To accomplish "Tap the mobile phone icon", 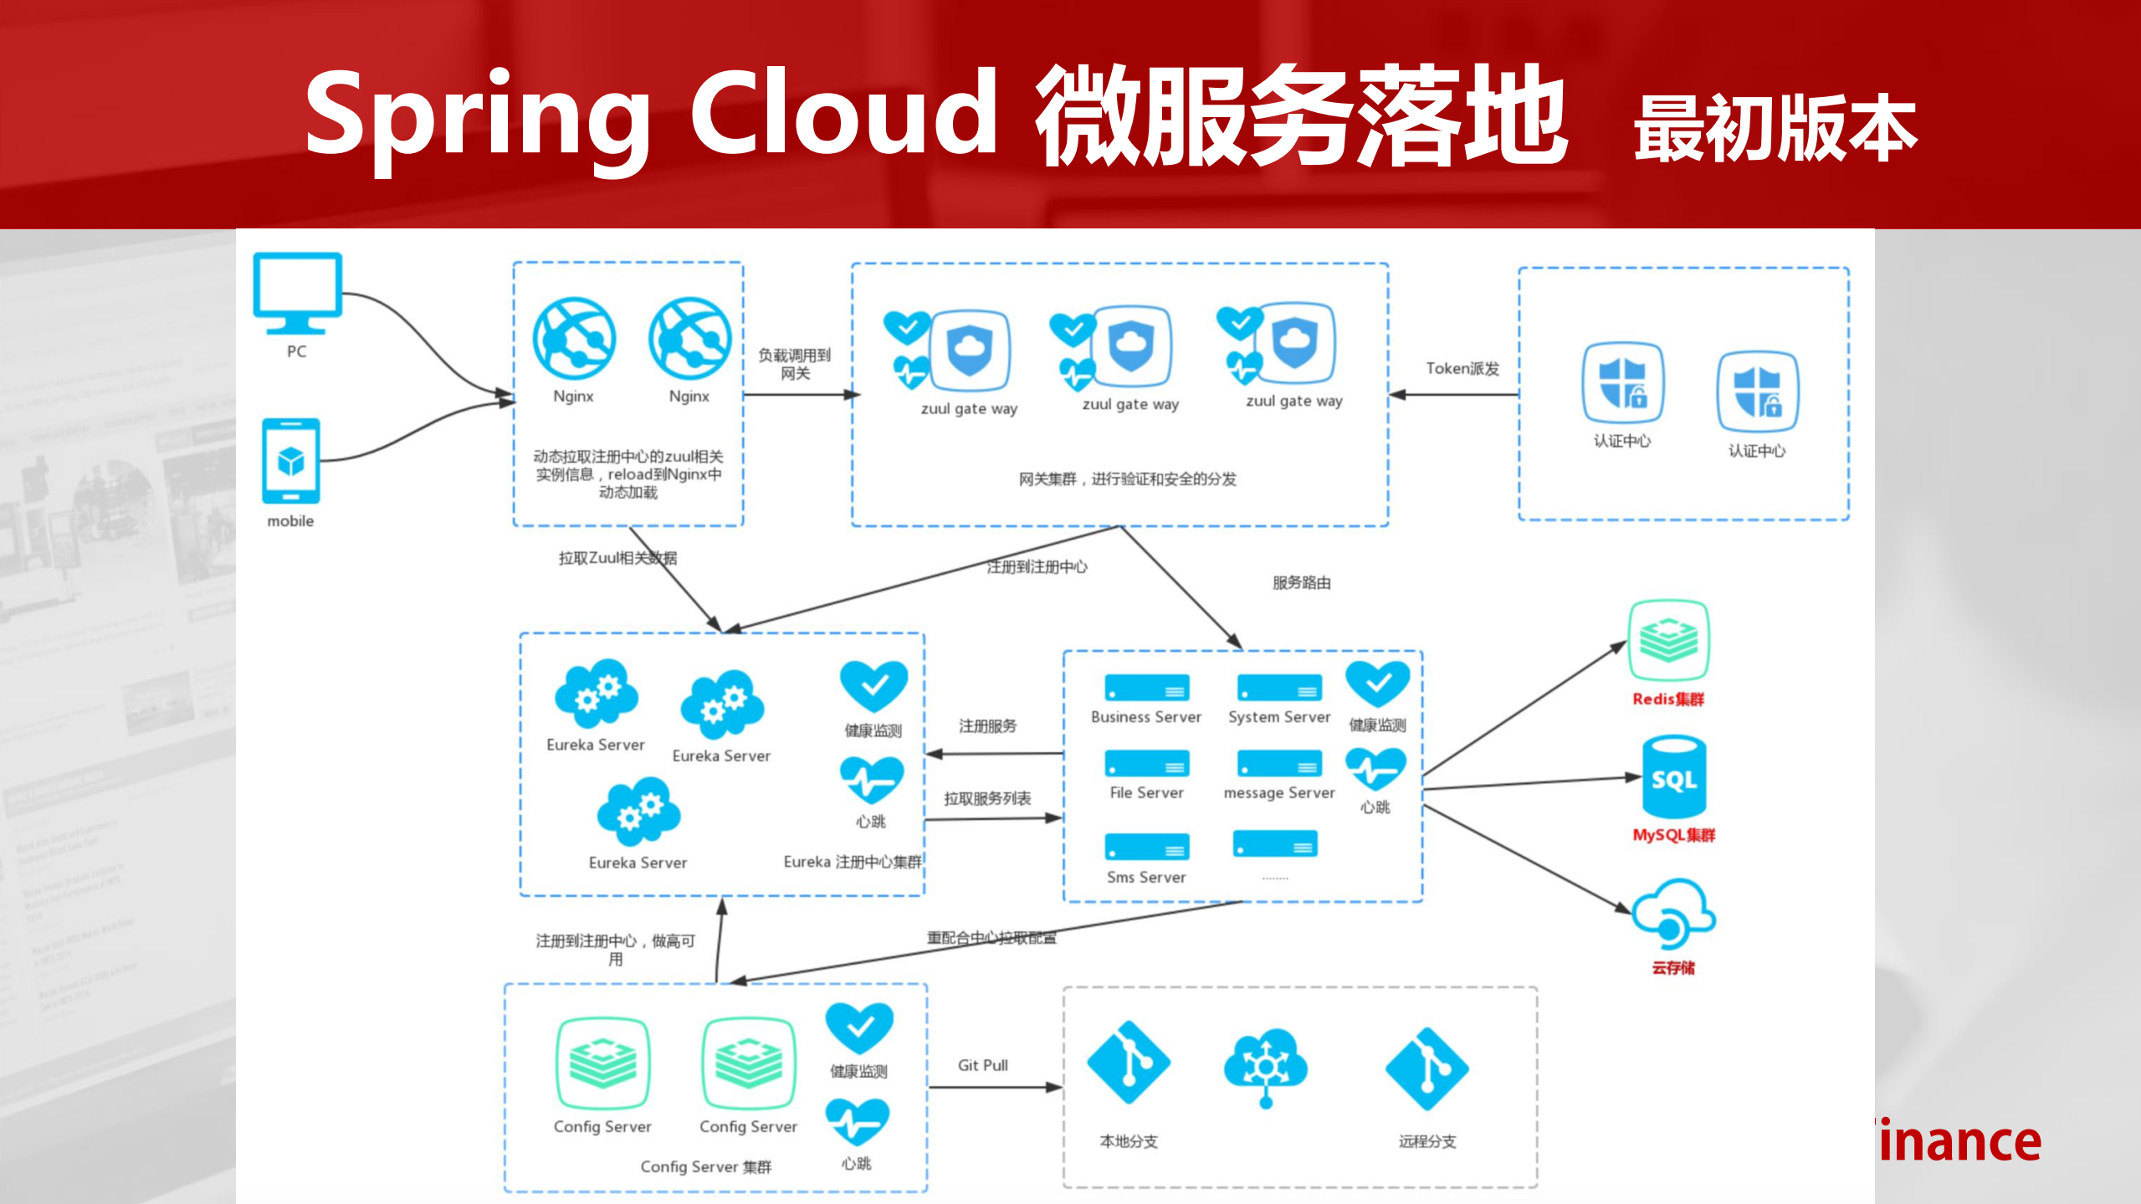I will pyautogui.click(x=290, y=461).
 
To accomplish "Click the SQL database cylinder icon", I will pyautogui.click(x=1673, y=777).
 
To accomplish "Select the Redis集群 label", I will pyautogui.click(x=1667, y=699).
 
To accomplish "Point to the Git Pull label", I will pyautogui.click(x=982, y=1065).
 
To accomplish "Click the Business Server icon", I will pyautogui.click(x=1146, y=688).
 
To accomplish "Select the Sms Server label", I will pyautogui.click(x=1146, y=877).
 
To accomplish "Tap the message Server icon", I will pyautogui.click(x=1278, y=763).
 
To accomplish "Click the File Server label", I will pyautogui.click(x=1146, y=792).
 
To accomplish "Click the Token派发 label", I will pyautogui.click(x=1462, y=368).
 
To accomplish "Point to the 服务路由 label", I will pyautogui.click(x=1301, y=582).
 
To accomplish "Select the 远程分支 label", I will pyautogui.click(x=1427, y=1141).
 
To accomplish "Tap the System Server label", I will pyautogui.click(x=1278, y=717).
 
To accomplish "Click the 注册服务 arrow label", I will pyautogui.click(x=987, y=725).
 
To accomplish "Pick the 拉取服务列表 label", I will pyautogui.click(x=987, y=798).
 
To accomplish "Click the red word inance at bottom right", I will pyautogui.click(x=1959, y=1142).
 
